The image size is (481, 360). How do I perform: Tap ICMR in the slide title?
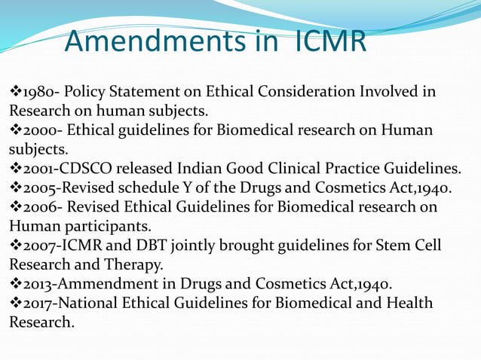coord(326,41)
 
